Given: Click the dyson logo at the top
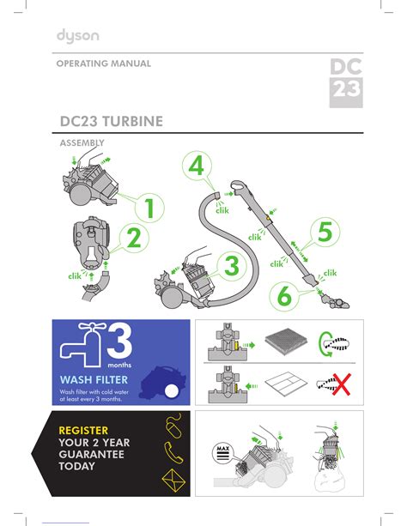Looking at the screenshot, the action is (x=78, y=36).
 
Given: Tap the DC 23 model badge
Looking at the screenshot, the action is (x=346, y=83).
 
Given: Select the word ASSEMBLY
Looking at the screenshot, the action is (x=82, y=143).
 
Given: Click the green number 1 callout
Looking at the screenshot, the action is (x=149, y=208).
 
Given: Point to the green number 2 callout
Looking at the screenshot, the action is (x=134, y=238).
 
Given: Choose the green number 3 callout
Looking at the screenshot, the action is (x=231, y=266).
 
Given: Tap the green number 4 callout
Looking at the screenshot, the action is (x=197, y=166).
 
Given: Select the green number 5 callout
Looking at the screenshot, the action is (x=325, y=232).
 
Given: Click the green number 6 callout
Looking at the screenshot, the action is (x=284, y=296).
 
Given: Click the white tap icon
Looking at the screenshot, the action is (x=82, y=345).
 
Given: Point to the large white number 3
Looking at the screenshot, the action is (x=119, y=341).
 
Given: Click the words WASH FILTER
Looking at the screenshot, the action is (x=94, y=380).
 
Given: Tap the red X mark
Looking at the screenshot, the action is (x=342, y=384).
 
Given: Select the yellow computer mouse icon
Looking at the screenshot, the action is (x=173, y=426).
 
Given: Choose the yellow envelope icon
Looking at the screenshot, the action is (x=173, y=481).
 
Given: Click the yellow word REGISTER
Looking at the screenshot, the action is (x=83, y=431).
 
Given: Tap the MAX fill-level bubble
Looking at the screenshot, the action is (x=223, y=453).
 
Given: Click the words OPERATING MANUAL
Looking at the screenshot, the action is (x=103, y=63).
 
